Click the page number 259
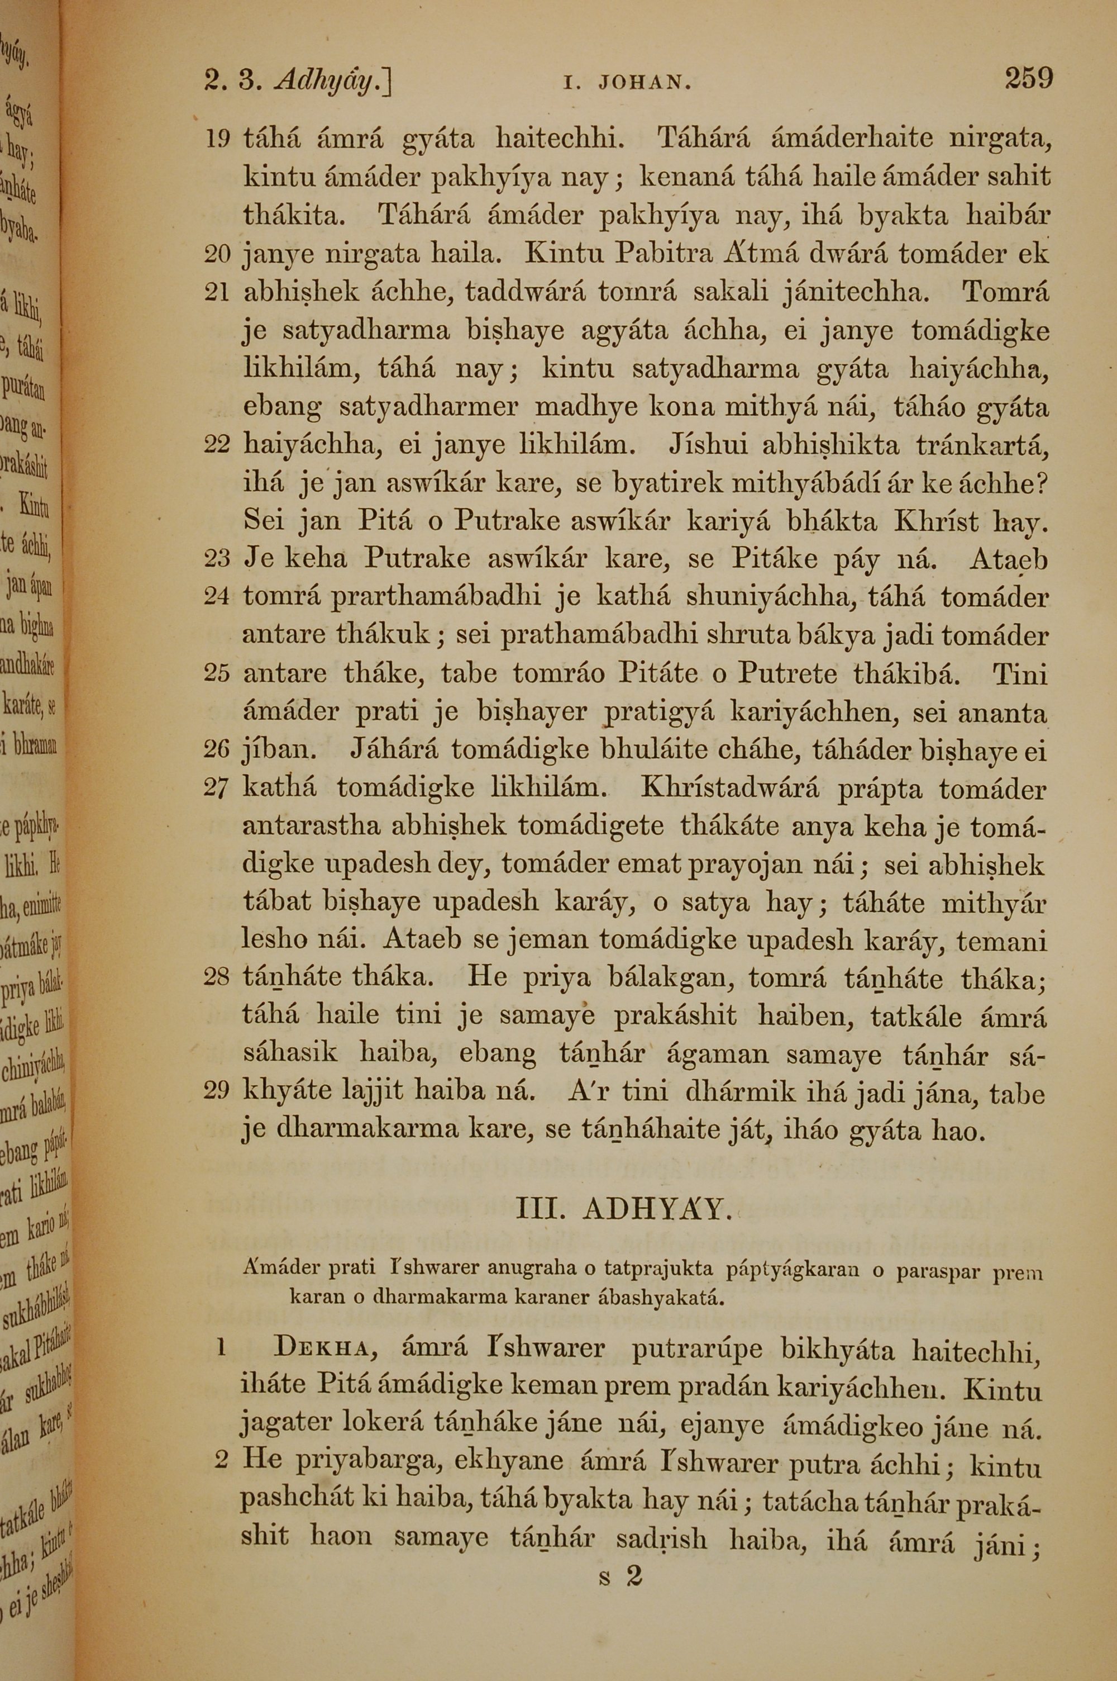point(1028,78)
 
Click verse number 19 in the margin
point(217,140)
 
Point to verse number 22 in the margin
point(217,445)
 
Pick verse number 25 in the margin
point(217,673)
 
